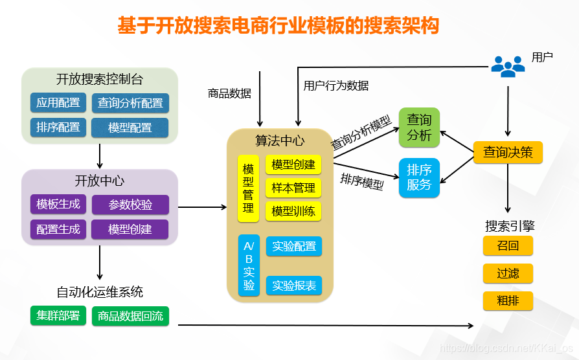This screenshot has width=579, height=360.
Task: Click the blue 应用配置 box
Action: (58, 103)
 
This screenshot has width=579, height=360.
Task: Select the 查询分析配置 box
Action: (130, 103)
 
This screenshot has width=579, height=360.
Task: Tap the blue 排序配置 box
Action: (58, 128)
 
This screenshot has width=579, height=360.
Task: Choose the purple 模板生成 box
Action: (58, 205)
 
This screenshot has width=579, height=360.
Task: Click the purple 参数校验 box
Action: (130, 205)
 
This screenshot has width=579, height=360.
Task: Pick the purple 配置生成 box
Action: (58, 229)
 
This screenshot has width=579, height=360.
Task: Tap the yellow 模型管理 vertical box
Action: (248, 188)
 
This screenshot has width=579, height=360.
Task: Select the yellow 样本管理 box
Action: (293, 188)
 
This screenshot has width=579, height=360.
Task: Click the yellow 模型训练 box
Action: (293, 211)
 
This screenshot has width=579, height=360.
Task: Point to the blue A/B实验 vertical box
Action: (249, 266)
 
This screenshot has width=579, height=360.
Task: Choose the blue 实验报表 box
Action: (294, 286)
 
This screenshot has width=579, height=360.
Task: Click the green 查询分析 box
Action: (419, 128)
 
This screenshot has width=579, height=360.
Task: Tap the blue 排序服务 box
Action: (419, 177)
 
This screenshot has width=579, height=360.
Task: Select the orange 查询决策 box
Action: (508, 152)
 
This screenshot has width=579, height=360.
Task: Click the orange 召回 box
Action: (508, 246)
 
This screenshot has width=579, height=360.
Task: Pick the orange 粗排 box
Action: (508, 300)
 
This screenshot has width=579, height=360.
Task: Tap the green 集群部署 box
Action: (58, 315)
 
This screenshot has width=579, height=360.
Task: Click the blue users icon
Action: (508, 65)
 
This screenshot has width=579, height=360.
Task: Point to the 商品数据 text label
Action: (229, 93)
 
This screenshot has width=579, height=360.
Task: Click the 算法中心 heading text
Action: (280, 141)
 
